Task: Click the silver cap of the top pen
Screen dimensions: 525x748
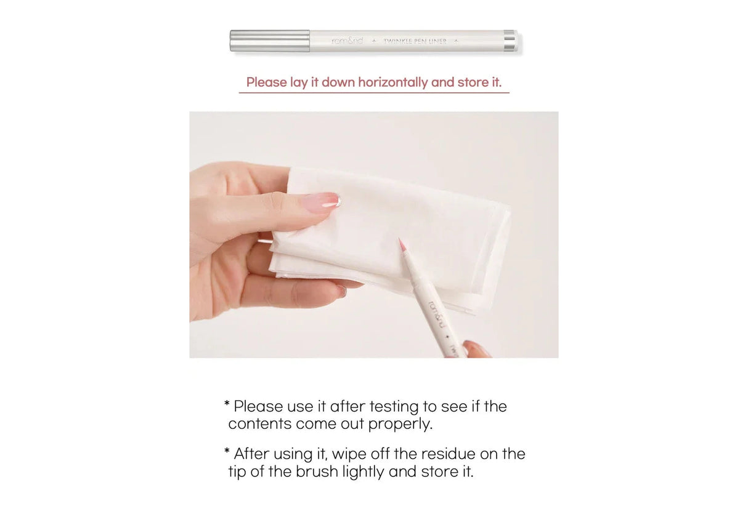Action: pyautogui.click(x=270, y=41)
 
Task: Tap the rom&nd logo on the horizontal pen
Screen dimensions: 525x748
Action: pyautogui.click(x=348, y=41)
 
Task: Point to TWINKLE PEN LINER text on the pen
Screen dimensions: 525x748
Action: pyautogui.click(x=415, y=41)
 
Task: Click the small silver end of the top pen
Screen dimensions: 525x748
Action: pyautogui.click(x=510, y=41)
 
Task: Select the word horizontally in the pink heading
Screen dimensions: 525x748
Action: pyautogui.click(x=393, y=82)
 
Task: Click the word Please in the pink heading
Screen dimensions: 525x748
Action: pyautogui.click(x=267, y=82)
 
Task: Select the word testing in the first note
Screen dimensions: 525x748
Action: pyautogui.click(x=394, y=407)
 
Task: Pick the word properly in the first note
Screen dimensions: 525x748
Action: pyautogui.click(x=400, y=424)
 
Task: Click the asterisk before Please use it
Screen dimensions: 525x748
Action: pyautogui.click(x=227, y=404)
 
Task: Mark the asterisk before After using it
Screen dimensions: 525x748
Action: pyautogui.click(x=227, y=452)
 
